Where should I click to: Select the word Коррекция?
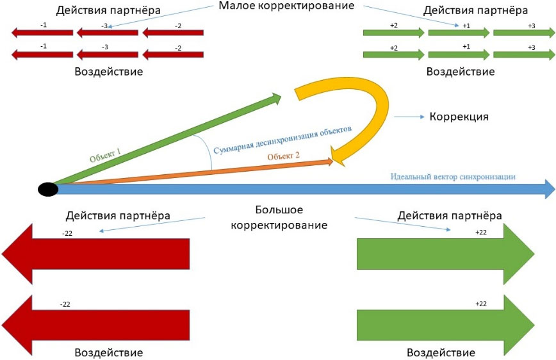459,117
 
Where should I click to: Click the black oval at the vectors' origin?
48,189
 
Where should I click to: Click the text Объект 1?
106,153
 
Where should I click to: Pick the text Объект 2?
284,155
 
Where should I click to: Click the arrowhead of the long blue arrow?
548,189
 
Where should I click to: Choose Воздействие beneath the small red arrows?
109,71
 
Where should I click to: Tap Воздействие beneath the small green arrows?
461,71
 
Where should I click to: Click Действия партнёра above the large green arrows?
450,215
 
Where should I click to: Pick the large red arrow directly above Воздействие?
96,318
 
